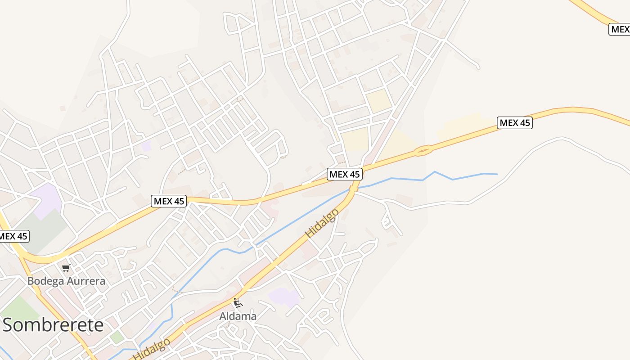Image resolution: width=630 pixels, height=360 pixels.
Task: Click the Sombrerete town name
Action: click(53, 325)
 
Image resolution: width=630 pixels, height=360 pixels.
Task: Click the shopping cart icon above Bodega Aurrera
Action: click(66, 268)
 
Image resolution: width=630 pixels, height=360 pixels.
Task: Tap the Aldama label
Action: click(238, 316)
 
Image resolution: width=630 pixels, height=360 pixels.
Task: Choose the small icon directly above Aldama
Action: click(238, 303)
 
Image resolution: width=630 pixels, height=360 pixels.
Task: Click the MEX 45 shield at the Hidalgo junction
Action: click(345, 174)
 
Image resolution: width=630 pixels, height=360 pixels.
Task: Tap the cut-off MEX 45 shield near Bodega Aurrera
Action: click(14, 236)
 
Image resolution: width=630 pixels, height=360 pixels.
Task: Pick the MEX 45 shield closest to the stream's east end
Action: click(515, 122)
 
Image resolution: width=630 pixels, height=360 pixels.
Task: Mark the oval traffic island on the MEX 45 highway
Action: click(423, 151)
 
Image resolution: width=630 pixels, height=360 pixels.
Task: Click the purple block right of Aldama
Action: click(283, 297)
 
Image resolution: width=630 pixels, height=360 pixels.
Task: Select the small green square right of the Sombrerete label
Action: click(117, 337)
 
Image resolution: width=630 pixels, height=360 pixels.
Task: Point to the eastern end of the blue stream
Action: click(496, 174)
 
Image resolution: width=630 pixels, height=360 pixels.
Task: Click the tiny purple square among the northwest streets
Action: click(146, 146)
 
